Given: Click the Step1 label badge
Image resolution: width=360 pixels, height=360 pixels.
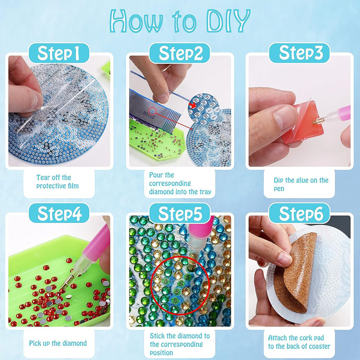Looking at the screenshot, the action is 59,53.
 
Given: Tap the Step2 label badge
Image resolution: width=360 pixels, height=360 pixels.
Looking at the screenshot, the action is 180,53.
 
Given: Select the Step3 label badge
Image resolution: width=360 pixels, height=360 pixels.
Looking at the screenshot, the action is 300,53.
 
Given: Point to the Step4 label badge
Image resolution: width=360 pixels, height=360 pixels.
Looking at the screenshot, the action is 59,213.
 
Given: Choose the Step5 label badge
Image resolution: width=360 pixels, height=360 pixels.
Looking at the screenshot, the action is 180,213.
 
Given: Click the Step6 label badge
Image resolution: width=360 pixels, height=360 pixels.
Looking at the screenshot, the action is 300,213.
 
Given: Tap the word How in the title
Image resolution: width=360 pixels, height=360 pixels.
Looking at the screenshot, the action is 136,21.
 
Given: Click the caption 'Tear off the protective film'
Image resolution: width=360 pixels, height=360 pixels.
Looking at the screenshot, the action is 58,182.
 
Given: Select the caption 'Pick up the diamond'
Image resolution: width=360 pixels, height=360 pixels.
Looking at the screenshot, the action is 58,343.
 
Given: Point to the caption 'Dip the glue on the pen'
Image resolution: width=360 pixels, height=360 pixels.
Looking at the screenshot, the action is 301,184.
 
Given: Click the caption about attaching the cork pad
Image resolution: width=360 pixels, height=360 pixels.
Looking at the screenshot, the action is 299,342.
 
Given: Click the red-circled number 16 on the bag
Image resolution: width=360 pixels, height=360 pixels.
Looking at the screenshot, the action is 152,111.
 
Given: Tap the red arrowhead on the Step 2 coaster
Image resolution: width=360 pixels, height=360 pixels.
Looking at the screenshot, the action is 193,105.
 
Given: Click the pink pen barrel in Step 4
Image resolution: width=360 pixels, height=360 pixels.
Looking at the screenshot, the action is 96,244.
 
